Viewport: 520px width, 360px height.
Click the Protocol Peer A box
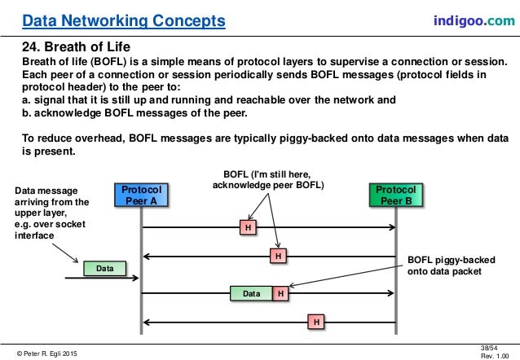coord(141,196)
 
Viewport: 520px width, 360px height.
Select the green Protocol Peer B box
coord(395,196)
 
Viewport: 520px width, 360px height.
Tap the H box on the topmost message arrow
coord(247,227)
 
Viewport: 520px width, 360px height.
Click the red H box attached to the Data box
coord(280,292)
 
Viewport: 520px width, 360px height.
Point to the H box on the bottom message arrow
coord(314,323)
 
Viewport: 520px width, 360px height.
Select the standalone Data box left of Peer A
coord(104,267)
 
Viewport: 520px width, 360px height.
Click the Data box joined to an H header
coord(250,292)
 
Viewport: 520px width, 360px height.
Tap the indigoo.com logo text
coord(474,18)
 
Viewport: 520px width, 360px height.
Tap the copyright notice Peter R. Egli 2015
coord(49,352)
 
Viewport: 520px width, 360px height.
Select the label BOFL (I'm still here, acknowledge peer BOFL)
coord(267,179)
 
